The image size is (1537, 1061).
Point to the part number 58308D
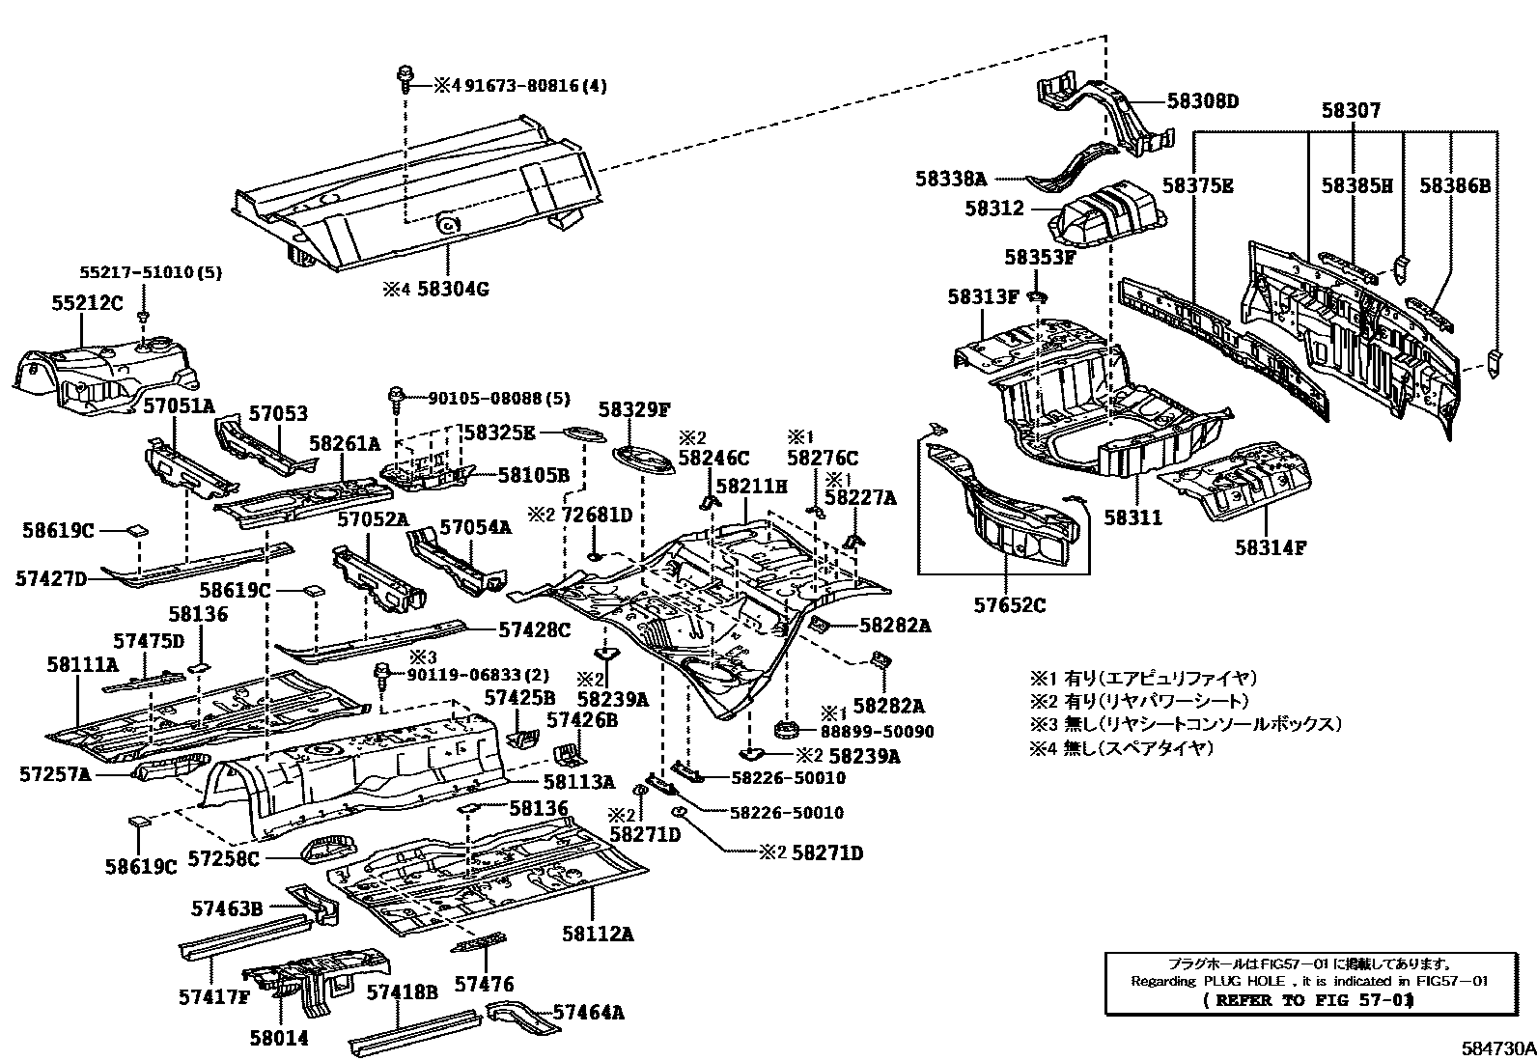click(x=1202, y=100)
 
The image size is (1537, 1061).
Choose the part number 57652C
click(x=1009, y=606)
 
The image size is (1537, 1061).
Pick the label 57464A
click(x=588, y=1013)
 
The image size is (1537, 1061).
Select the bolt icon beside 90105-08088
click(x=396, y=396)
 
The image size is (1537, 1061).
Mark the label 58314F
click(x=1270, y=548)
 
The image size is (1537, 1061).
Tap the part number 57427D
click(x=51, y=578)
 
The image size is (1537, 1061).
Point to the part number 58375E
click(x=1197, y=186)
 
